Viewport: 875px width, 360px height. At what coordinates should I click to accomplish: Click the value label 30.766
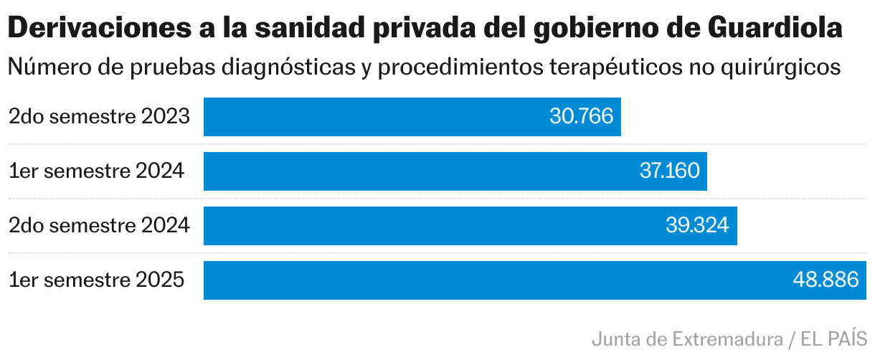point(582,116)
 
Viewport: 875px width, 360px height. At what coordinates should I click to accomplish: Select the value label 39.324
point(697,226)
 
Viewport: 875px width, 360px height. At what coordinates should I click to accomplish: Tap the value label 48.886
point(826,280)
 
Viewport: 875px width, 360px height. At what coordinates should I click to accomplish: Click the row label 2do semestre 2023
point(99,116)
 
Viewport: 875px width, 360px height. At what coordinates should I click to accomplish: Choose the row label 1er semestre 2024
point(96,171)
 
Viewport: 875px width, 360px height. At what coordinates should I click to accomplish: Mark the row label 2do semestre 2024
point(99,226)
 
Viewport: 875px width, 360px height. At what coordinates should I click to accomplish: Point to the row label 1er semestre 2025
point(96,280)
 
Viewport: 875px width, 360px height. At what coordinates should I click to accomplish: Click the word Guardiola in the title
point(775,28)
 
